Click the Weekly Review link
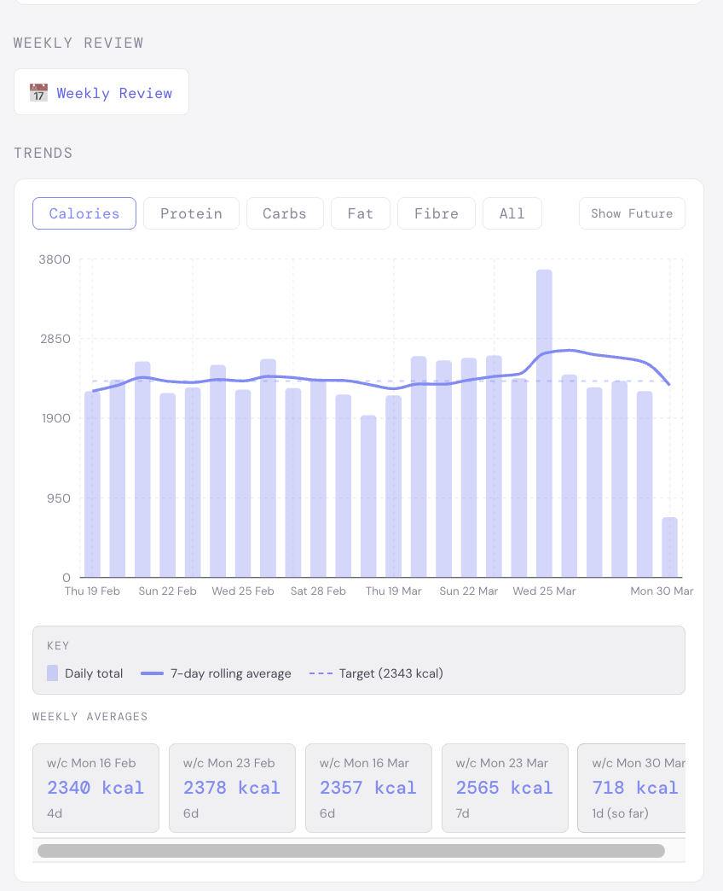pos(114,93)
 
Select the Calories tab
pos(84,213)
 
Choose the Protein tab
pos(191,213)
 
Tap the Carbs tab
pos(285,213)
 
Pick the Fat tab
pos(361,213)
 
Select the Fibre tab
pos(437,213)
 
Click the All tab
pos(512,213)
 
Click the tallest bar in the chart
pos(544,422)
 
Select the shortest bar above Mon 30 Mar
pos(669,547)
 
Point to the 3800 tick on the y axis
pos(55,259)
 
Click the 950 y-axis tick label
pos(58,498)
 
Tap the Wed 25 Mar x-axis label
pos(544,591)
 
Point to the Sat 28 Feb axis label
pos(318,591)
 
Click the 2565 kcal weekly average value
pos(504,788)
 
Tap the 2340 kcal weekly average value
pos(95,788)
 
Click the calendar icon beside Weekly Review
pos(38,93)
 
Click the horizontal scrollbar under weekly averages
pos(350,851)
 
